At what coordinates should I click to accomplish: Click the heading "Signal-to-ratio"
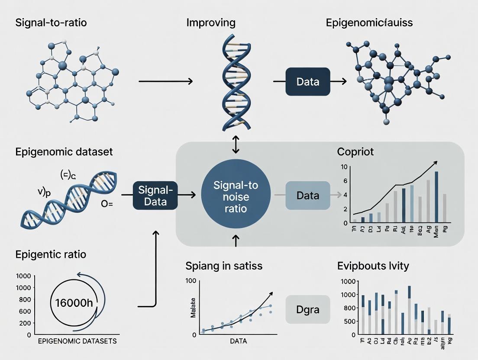coord(51,22)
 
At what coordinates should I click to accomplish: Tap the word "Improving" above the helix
coord(211,22)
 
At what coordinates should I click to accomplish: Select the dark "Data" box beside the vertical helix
coord(308,81)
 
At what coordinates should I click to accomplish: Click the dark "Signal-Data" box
coord(155,196)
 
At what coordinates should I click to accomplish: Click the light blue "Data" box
coord(308,196)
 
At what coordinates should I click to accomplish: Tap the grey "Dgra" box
coord(308,310)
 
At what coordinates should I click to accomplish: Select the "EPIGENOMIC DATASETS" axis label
coord(78,341)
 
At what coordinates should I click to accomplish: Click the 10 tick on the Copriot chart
coord(345,167)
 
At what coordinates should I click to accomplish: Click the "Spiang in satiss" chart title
coord(224,266)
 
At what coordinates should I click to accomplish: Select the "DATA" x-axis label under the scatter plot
coord(238,341)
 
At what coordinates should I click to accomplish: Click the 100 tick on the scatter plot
coord(191,281)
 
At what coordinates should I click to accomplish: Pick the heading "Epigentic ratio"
coord(51,254)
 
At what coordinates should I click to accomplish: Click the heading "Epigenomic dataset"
coord(64,152)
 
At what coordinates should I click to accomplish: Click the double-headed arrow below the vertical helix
coord(236,145)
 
